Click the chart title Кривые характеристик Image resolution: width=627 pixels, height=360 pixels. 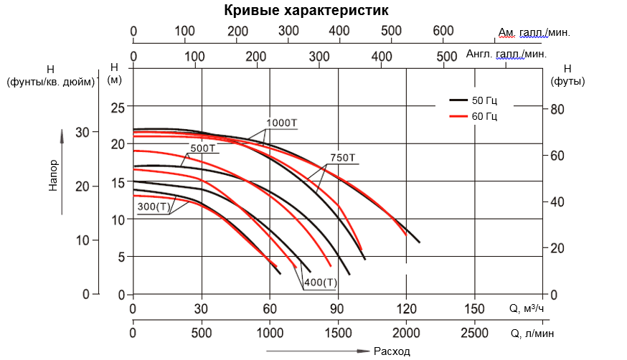(x=306, y=11)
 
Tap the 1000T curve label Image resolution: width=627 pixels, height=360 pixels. (x=281, y=123)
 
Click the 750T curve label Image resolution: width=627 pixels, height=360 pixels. (x=343, y=158)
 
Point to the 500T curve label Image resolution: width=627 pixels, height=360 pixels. (x=203, y=148)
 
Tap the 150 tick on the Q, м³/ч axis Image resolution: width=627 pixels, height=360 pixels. (x=474, y=308)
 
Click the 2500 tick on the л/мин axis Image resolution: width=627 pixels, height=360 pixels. (x=474, y=333)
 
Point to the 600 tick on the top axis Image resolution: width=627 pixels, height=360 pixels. (x=443, y=31)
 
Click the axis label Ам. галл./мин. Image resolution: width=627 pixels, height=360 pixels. (x=534, y=32)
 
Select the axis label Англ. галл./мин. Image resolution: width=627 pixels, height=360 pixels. (x=506, y=54)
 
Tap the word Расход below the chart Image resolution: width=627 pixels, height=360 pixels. (x=392, y=351)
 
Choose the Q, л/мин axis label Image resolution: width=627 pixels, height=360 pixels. (x=532, y=333)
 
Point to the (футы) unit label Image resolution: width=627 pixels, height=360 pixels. (x=567, y=81)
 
